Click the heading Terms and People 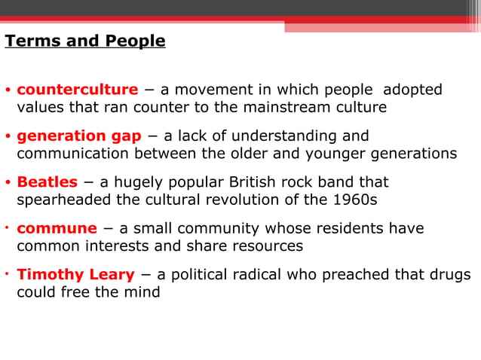pyautogui.click(x=85, y=41)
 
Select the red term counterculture pyautogui.click(x=77, y=90)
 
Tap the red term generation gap pyautogui.click(x=79, y=136)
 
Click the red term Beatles pyautogui.click(x=47, y=182)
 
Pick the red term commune pyautogui.click(x=57, y=228)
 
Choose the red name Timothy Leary pyautogui.click(x=75, y=274)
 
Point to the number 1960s pyautogui.click(x=354, y=199)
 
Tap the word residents pyautogui.click(x=347, y=228)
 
